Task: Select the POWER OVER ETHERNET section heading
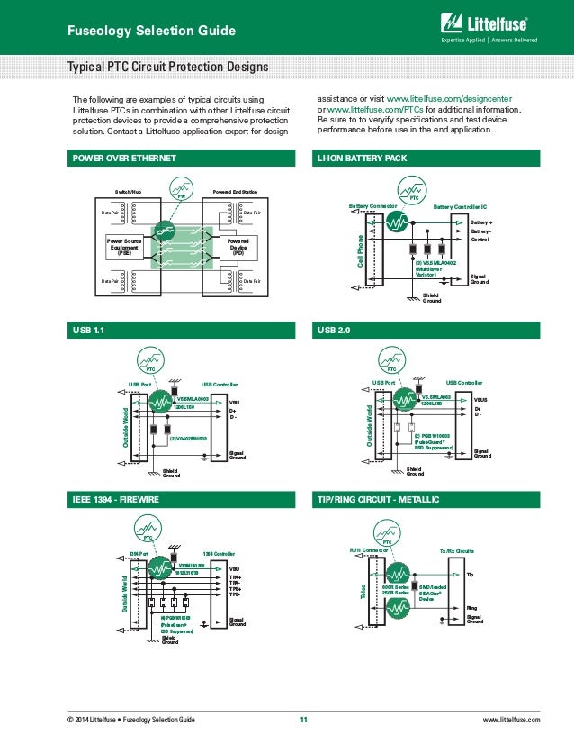click(124, 159)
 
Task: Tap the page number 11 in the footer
click(303, 720)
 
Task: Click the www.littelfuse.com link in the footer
click(511, 720)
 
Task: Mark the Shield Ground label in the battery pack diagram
click(432, 297)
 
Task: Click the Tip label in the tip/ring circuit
click(471, 574)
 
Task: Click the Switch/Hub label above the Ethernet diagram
click(129, 192)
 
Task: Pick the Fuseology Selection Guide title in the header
click(152, 32)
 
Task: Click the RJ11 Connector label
click(368, 549)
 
